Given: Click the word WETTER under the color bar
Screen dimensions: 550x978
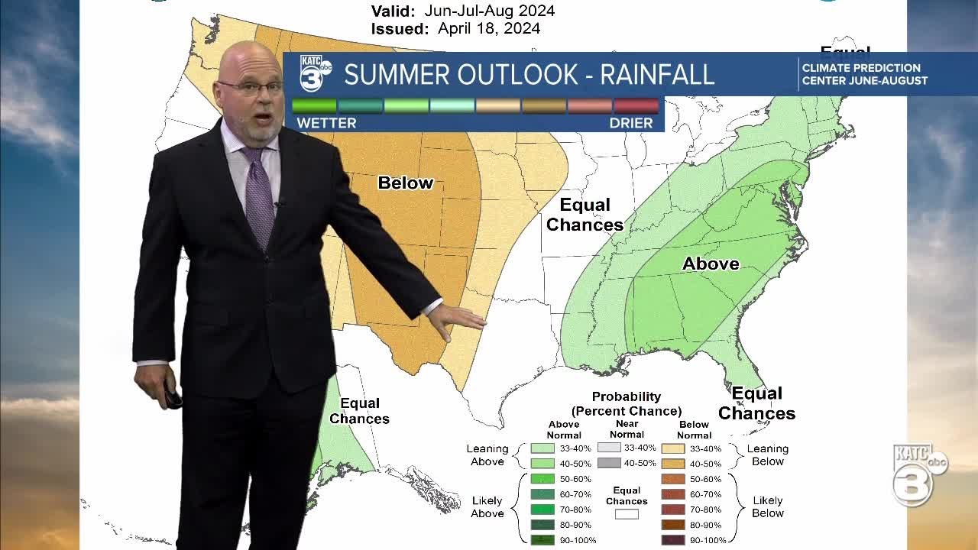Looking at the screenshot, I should [326, 123].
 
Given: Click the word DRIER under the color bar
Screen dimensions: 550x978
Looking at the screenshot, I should [631, 123].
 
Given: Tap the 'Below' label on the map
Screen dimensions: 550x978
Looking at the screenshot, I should [406, 183].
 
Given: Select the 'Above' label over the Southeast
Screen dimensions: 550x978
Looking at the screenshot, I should [711, 264].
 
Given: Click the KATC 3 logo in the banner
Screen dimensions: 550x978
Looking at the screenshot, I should [315, 73].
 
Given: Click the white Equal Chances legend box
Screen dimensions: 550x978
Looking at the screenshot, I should [627, 514].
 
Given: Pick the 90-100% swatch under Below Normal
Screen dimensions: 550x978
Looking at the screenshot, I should [672, 540].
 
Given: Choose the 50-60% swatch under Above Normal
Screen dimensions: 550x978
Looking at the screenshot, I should [542, 479].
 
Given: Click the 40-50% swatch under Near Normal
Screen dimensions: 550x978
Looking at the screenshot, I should [609, 463].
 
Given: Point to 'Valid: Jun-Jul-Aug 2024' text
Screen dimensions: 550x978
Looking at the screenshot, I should [463, 11].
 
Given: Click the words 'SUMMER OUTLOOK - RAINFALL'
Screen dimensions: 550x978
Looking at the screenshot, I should [529, 75].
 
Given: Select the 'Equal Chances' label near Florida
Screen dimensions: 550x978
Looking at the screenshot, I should [756, 403].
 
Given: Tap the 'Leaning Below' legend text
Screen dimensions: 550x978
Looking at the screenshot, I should [767, 455].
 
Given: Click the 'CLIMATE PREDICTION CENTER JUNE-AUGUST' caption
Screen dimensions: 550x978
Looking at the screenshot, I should [864, 74].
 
